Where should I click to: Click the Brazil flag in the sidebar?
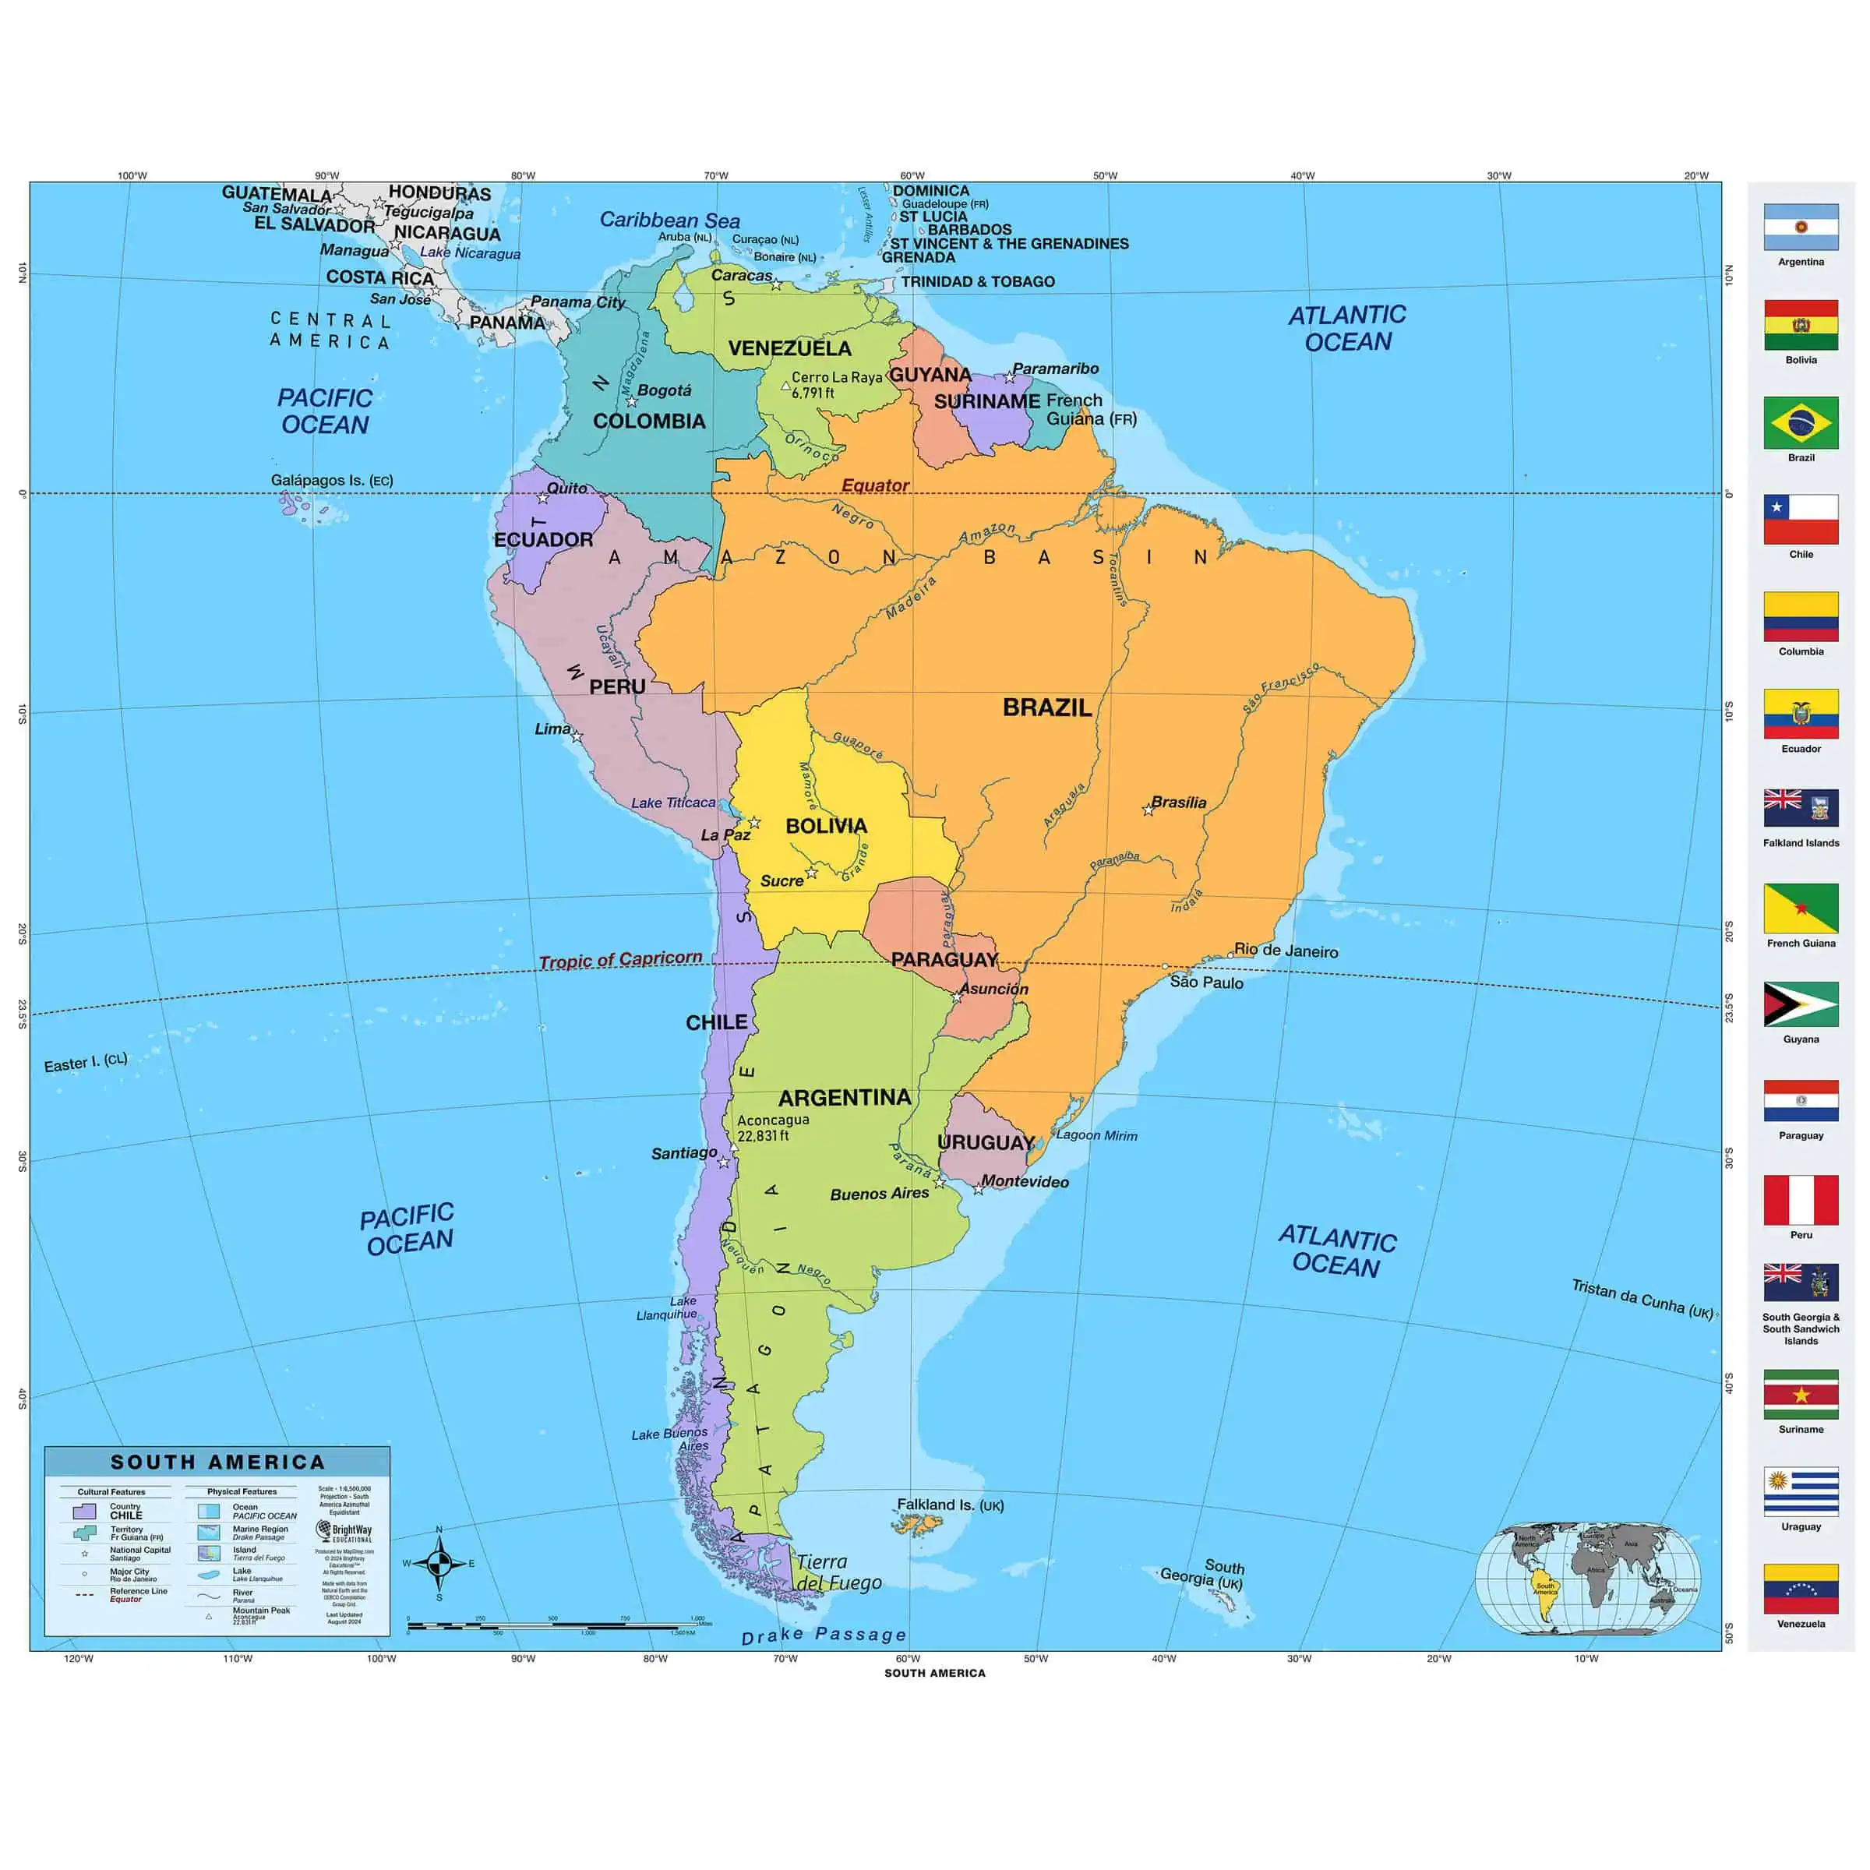(x=1801, y=422)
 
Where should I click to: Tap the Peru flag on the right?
(x=1801, y=1200)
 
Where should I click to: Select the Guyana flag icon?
(x=1801, y=1004)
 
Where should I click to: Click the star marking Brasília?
(x=1148, y=810)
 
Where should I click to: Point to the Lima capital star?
(x=577, y=736)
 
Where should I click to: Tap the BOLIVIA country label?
(x=826, y=826)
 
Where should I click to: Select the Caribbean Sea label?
(x=670, y=220)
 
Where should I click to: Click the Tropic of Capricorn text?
(x=620, y=959)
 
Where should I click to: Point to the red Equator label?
(x=875, y=485)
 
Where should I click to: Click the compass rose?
(x=439, y=1563)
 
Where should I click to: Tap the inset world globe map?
(x=1587, y=1579)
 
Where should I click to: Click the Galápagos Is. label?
(x=331, y=480)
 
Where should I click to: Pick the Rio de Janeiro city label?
(x=1286, y=951)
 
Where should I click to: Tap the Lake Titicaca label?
(x=674, y=803)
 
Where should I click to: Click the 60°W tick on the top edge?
(x=912, y=176)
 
